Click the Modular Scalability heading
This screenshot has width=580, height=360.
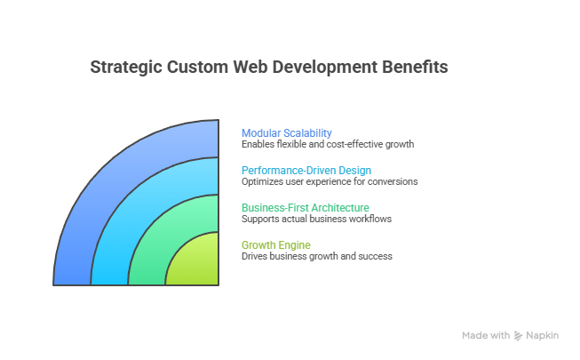[287, 133]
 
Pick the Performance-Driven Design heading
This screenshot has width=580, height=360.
[306, 170]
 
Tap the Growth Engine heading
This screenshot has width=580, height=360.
[276, 244]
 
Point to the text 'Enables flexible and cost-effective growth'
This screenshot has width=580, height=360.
[328, 144]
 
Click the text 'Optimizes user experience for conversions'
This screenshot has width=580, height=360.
[330, 181]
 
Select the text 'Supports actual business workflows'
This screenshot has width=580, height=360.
[316, 219]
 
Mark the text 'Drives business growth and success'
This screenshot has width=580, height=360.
[317, 256]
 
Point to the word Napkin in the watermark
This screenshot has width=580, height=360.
[542, 336]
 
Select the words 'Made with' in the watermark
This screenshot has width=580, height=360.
[486, 336]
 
